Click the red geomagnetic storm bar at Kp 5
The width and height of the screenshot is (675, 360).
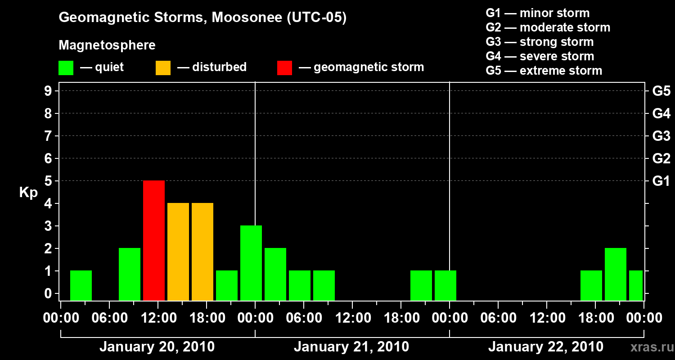tap(154, 240)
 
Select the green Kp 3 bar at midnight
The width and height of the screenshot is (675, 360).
tap(251, 263)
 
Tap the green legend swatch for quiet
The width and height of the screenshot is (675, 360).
tap(66, 67)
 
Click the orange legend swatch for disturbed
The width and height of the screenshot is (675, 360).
tap(163, 67)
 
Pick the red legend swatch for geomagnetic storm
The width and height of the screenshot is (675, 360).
tap(284, 67)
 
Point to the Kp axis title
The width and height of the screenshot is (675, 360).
tap(28, 193)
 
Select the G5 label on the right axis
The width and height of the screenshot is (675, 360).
tap(661, 91)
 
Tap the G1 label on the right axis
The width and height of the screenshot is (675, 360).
tap(661, 181)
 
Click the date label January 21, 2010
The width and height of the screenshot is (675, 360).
tap(351, 347)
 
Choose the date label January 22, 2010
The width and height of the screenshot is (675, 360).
tap(546, 347)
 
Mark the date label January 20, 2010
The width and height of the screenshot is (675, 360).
tap(157, 347)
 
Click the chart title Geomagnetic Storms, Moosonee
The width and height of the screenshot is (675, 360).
tap(202, 18)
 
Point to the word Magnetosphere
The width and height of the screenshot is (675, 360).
tap(107, 45)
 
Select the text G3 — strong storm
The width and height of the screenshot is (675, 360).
tap(540, 42)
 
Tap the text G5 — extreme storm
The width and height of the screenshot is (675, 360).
tap(544, 71)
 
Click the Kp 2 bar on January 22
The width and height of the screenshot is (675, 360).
tap(616, 274)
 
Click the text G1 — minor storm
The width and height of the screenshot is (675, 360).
tap(537, 13)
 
